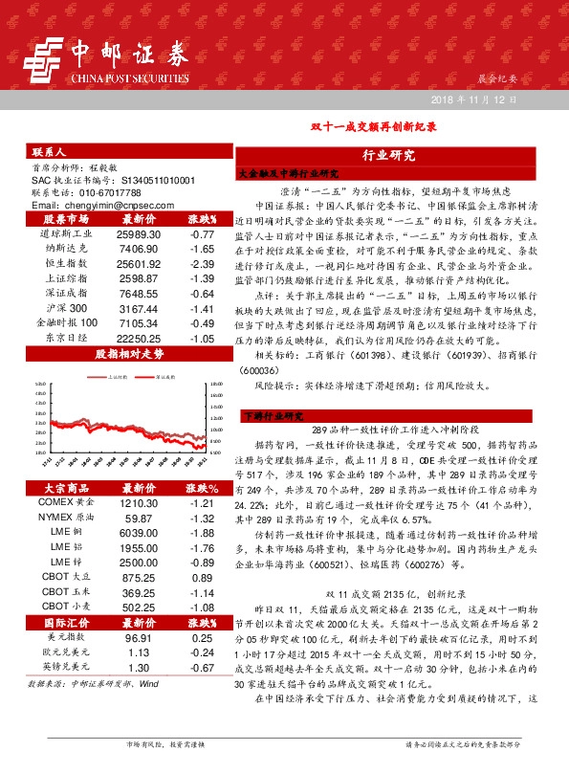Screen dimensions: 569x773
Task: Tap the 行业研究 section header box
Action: click(x=388, y=154)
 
